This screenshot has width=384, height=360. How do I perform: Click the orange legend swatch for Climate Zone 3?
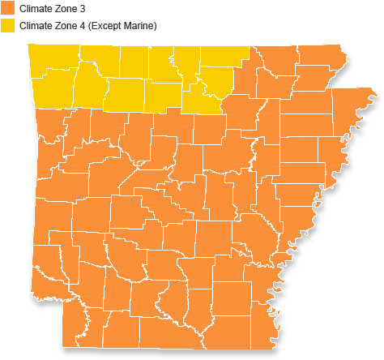tap(6, 8)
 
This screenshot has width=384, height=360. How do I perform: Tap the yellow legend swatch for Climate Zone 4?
tap(6, 26)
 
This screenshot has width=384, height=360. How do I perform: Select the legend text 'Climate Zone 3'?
tap(51, 8)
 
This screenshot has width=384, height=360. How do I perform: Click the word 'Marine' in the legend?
tap(139, 26)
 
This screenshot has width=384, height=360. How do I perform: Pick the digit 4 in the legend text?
tap(81, 26)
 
